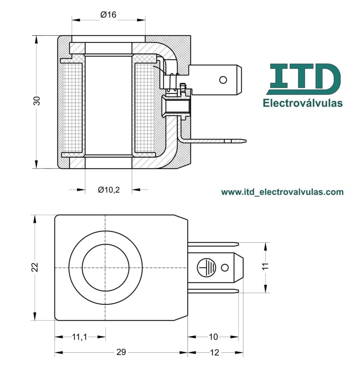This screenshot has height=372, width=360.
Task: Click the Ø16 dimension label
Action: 108,15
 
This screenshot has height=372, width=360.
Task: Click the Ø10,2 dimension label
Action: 109,189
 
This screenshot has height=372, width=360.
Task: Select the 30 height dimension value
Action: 37,101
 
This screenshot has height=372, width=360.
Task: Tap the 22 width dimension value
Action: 35,267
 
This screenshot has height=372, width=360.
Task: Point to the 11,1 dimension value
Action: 79,337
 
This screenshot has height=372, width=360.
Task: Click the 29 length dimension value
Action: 121,352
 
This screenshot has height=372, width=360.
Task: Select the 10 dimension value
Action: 213,337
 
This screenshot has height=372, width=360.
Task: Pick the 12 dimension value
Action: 214,352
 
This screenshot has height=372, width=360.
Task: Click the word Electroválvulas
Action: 303,103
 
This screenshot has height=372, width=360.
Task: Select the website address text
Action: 282,191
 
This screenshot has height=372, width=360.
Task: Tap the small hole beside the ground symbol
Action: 225,268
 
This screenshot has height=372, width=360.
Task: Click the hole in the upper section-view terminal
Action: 223,79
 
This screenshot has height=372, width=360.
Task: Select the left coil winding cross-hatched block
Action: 73,108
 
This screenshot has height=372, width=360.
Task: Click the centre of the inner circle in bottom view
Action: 105,268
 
